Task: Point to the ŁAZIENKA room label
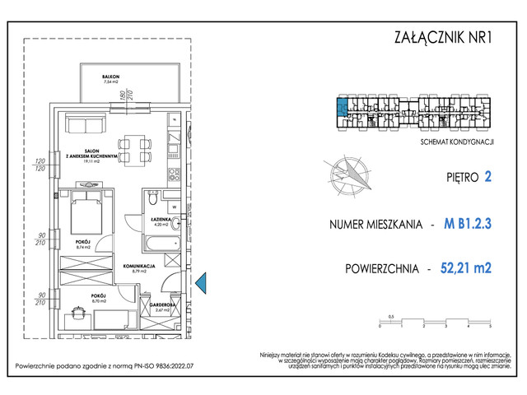click(160, 220)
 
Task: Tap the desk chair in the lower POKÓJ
click(79, 313)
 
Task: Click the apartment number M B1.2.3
click(467, 223)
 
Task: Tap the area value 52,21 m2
click(466, 268)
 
